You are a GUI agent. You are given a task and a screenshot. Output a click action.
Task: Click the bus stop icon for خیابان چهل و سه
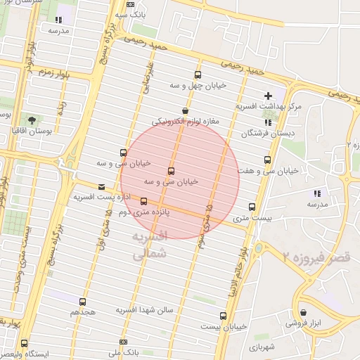pyautogui.click(x=198, y=75)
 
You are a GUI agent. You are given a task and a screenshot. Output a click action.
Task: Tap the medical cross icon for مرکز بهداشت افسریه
pyautogui.click(x=268, y=96)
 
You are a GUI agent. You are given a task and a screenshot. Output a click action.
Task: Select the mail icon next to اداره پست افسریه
pyautogui.click(x=103, y=187)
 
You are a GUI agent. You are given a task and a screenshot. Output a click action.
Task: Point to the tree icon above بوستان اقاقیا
pyautogui.click(x=30, y=119)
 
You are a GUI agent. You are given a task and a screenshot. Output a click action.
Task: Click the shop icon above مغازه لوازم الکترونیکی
pyautogui.click(x=185, y=110)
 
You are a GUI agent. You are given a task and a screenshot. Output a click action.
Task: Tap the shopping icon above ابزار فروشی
pyautogui.click(x=303, y=313)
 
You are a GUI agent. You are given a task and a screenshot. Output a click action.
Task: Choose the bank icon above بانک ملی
pyautogui.click(x=124, y=342)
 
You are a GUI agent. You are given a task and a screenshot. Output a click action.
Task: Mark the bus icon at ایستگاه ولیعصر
pyautogui.click(x=25, y=344)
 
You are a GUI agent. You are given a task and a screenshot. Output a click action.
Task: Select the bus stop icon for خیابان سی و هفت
pyautogui.click(x=267, y=160)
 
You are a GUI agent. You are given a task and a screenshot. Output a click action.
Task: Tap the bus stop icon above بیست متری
pyautogui.click(x=252, y=207)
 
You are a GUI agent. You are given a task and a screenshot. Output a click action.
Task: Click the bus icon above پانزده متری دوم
pyautogui.click(x=144, y=201)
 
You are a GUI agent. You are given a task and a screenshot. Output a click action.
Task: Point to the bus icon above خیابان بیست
pyautogui.click(x=223, y=316)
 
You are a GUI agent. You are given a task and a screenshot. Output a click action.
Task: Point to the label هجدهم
pyautogui.click(x=83, y=310)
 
